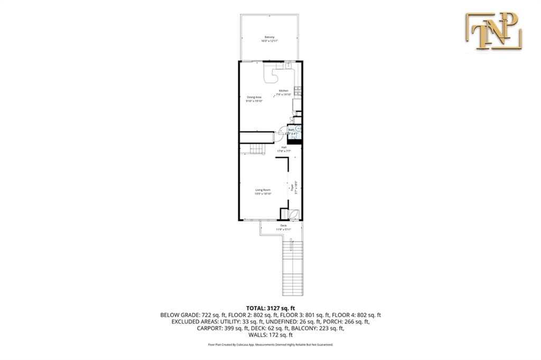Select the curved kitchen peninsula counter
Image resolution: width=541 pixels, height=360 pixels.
[273, 76]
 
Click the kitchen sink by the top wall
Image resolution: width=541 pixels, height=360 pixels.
[288, 66]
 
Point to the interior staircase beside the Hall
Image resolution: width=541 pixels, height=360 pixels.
[257, 150]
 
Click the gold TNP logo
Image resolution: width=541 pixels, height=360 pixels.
[493, 31]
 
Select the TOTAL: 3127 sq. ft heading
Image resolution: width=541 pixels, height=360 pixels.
[270, 308]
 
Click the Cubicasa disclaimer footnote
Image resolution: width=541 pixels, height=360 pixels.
[270, 345]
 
